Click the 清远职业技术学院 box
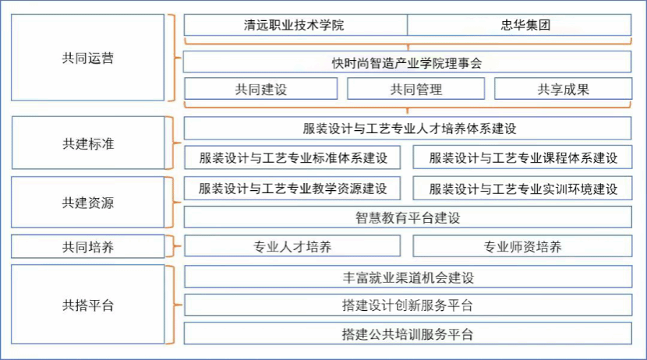click(295, 25)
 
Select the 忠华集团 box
click(519, 25)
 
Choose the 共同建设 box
click(261, 89)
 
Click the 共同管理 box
click(415, 89)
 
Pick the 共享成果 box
click(563, 89)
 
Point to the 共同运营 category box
click(88, 58)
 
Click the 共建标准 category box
click(88, 144)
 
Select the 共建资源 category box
click(88, 203)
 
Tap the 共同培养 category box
click(88, 247)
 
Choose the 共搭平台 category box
click(88, 305)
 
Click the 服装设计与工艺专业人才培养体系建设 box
click(407, 129)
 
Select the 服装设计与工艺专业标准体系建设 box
click(292, 157)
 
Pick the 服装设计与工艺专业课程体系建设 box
click(522, 157)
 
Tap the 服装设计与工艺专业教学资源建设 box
click(292, 189)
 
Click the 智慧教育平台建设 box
click(407, 217)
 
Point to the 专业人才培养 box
click(292, 247)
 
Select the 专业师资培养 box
click(522, 247)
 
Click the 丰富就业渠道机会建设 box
click(407, 277)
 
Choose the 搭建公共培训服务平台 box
click(407, 334)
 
